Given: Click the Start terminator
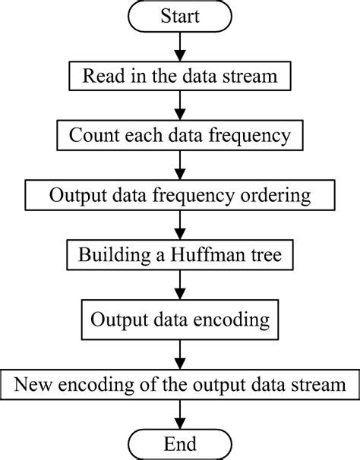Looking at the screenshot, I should [x=179, y=17].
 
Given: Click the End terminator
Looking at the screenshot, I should [x=179, y=443].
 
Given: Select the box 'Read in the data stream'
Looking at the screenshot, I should [x=179, y=77].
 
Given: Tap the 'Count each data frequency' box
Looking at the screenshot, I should [x=179, y=137].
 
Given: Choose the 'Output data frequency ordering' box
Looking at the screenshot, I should [x=179, y=196].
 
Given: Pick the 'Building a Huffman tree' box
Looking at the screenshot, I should [x=179, y=256].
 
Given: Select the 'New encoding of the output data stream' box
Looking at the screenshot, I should [x=179, y=383].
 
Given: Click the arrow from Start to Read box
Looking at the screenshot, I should [x=179, y=47].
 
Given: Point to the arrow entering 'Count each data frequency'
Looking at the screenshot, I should [x=179, y=107].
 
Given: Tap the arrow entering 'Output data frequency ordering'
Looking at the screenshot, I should [x=179, y=166].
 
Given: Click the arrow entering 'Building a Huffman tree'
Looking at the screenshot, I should [x=179, y=226].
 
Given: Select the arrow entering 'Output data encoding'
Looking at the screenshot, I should [x=179, y=286].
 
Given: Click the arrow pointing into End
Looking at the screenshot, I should [x=179, y=413].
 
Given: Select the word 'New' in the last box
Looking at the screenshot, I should [x=33, y=383].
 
